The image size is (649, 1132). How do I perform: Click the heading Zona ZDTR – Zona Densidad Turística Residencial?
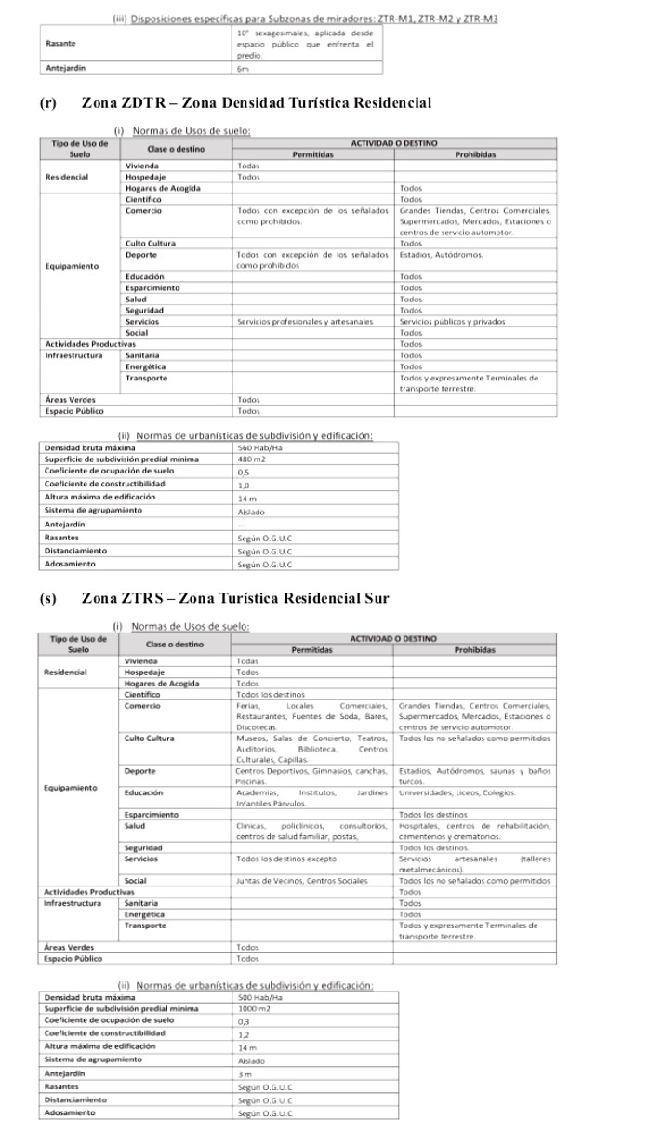tap(256, 101)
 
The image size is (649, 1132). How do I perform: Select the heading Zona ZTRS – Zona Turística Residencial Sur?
tap(235, 597)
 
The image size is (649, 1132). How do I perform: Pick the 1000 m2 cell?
tap(253, 1007)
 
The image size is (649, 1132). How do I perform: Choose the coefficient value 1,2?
tap(245, 1033)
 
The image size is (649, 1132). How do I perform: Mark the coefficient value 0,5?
tap(245, 472)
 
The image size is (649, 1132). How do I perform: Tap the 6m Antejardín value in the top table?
tap(243, 69)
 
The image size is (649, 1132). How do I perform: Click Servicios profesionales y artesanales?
tap(304, 321)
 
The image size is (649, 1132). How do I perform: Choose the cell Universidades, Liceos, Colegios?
tap(457, 792)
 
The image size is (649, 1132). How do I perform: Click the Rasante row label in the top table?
tap(61, 44)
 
